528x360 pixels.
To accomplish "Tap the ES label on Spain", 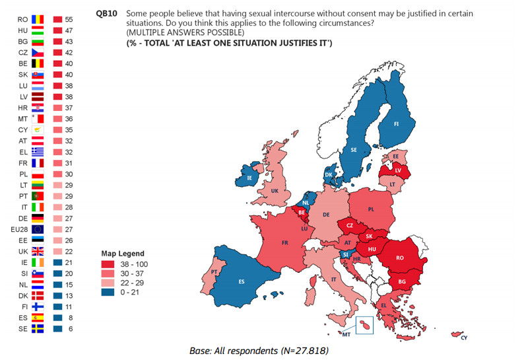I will point(242,281).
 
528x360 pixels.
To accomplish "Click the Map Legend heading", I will point(122,253).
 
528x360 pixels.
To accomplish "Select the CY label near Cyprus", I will point(465,338).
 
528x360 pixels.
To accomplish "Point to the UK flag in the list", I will point(37,251).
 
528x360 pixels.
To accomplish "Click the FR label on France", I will point(285,243).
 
